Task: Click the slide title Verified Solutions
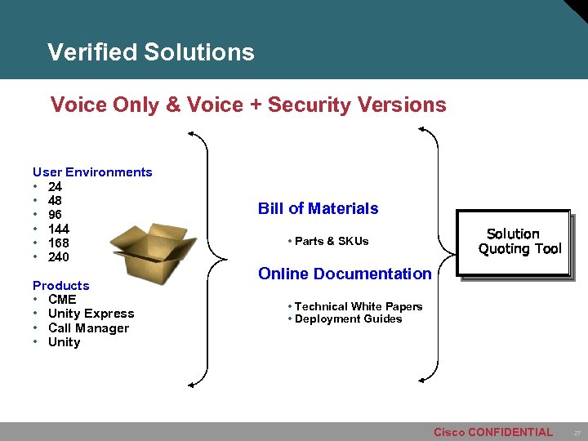point(151,52)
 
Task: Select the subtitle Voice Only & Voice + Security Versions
point(248,105)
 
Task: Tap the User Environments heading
point(92,172)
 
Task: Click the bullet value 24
point(55,187)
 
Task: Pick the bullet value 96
point(55,215)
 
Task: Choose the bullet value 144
point(58,229)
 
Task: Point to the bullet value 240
point(58,257)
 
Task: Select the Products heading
point(60,286)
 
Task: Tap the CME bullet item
point(62,300)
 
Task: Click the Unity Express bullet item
point(91,314)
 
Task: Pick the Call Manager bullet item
point(88,328)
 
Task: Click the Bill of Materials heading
point(318,208)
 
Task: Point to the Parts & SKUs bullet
point(330,241)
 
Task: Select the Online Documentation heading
point(345,274)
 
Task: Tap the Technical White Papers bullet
point(357,306)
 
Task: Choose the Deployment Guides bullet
point(347,318)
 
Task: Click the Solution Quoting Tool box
point(514,243)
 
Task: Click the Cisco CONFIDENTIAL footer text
point(492,432)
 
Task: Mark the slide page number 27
point(576,432)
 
